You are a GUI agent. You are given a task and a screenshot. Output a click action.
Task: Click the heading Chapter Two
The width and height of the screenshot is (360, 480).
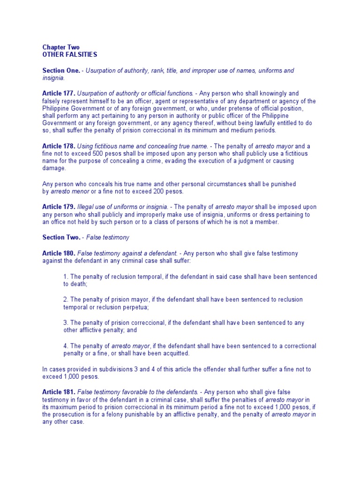61,47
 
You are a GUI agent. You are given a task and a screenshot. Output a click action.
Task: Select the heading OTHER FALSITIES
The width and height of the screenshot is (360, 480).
69,54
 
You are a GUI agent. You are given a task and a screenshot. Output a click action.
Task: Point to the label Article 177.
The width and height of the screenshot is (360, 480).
59,93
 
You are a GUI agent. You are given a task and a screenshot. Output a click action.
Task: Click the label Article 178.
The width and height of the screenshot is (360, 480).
59,146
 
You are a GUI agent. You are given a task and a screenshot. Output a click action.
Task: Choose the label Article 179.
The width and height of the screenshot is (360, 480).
59,207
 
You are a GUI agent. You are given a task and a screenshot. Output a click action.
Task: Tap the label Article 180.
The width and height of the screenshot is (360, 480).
59,253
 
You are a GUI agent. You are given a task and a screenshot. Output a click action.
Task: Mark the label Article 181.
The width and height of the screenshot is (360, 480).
59,391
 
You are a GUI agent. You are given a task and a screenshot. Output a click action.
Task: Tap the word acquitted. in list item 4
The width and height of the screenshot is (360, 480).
174,353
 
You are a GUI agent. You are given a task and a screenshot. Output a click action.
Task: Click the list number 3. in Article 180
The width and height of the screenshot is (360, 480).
66,322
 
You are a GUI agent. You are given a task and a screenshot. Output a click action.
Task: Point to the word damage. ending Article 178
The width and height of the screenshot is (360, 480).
54,168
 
